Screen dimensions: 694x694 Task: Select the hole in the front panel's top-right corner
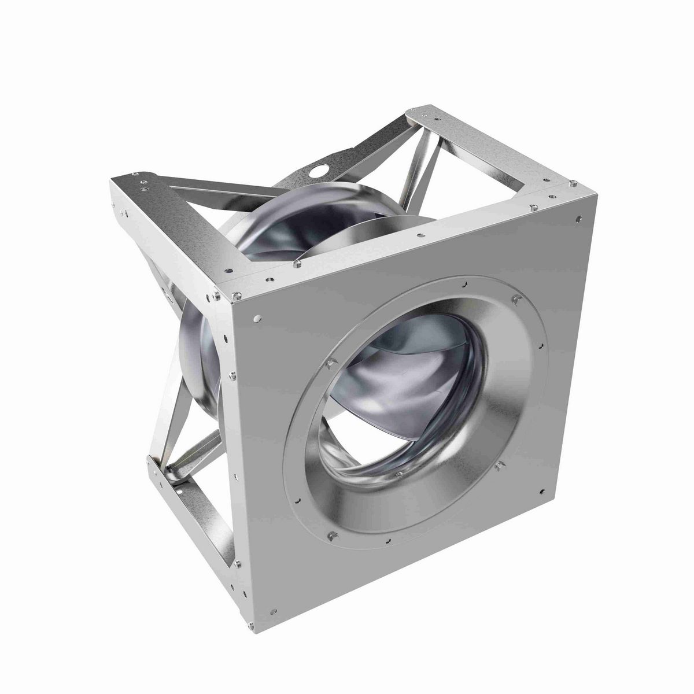point(578,218)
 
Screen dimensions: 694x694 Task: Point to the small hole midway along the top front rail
point(418,235)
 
